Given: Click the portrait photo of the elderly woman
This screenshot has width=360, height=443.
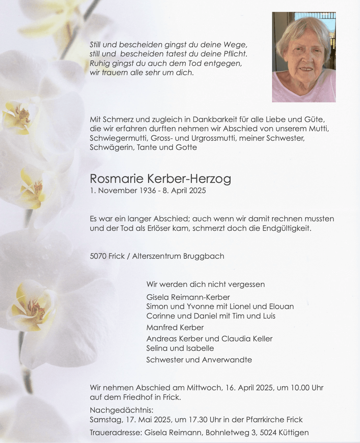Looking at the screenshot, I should click(304, 57).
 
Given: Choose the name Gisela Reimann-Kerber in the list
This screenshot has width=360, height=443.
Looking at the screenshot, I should click(188, 297).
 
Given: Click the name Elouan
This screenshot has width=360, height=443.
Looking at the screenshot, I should click(281, 306).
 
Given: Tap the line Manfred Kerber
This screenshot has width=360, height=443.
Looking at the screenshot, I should click(175, 327).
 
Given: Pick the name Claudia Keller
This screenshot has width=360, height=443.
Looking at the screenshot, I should click(247, 339).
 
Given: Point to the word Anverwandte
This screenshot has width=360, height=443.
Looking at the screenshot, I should click(227, 360).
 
